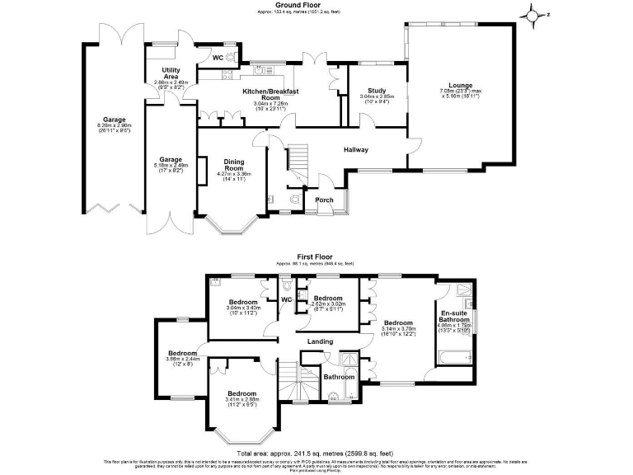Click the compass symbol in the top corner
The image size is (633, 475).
(535, 14)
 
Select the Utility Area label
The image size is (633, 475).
(171, 71)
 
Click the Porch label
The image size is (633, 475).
(325, 200)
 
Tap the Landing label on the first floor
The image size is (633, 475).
(321, 341)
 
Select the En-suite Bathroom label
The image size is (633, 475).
(454, 319)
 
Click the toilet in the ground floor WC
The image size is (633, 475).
(233, 57)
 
